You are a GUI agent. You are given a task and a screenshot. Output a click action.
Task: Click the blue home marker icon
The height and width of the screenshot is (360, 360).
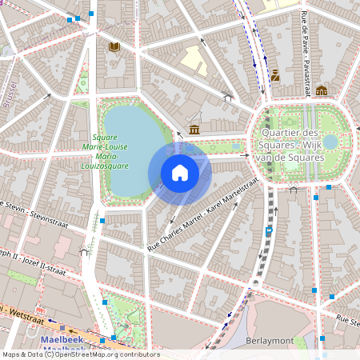click(180, 173)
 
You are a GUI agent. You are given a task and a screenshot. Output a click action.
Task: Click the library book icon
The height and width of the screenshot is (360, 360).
click(114, 46)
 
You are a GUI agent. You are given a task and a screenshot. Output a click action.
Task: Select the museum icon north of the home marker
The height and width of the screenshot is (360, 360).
click(194, 130)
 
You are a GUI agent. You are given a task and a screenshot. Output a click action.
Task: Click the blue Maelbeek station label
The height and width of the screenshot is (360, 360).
click(64, 340)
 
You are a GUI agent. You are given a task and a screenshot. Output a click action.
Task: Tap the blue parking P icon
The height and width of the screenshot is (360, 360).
click(268, 231)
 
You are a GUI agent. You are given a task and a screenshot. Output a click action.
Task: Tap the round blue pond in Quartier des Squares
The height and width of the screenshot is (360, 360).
click(330, 141)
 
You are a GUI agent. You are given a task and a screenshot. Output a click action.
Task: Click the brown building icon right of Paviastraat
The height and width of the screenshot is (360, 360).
click(321, 90)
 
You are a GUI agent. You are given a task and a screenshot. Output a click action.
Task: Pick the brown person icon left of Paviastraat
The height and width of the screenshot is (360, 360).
click(274, 76)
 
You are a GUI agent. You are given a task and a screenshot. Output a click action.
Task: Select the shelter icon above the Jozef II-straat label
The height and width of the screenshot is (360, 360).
click(84, 251)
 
